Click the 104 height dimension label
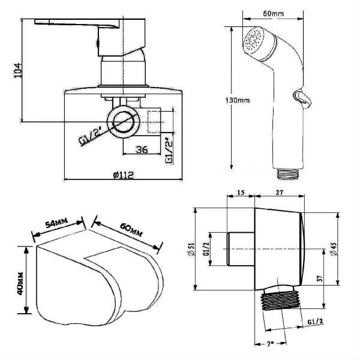[x=17, y=70]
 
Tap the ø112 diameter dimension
[x=123, y=175]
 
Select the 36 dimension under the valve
[x=142, y=149]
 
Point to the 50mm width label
[x=273, y=14]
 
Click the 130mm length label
[x=238, y=100]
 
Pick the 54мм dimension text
[x=57, y=223]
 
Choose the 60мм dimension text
[x=131, y=230]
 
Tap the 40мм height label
[x=20, y=284]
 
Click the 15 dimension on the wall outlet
[x=241, y=192]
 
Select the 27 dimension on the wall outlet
[x=280, y=192]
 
